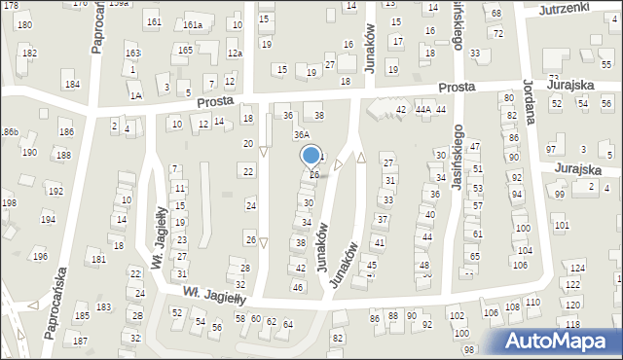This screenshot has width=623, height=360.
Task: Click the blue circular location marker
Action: pos(311,156)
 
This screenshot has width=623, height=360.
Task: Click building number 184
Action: pos(72,85)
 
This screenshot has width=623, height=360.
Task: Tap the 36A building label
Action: pos(302,135)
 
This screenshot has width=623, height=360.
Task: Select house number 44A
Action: pos(422,110)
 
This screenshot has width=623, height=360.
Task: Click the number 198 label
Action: pos(9,203)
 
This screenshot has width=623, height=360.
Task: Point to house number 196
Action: pos(40,256)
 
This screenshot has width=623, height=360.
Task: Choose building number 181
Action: pos(98,260)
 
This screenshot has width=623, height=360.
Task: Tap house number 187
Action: pos(80,341)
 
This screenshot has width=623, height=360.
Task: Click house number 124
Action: pos(577,268)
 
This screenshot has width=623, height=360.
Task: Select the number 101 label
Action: pos(561,226)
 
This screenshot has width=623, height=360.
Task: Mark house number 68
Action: pos(495,13)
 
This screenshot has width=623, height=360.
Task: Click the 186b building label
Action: pos(9,130)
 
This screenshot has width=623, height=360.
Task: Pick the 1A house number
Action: pos(136,95)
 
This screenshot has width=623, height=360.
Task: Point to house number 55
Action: pos(606,63)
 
